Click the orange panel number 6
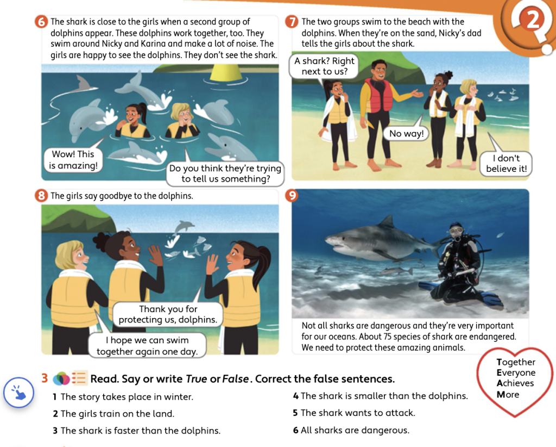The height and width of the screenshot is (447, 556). pos(41,22)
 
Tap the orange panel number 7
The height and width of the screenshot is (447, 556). pos(292,22)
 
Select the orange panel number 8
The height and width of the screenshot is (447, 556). pos(41,196)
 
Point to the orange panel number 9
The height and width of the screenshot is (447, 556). pos(292,196)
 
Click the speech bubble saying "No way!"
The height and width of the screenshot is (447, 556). pos(406,133)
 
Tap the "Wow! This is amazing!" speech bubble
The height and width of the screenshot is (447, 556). pos(73,160)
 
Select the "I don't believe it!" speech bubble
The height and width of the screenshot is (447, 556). pos(507,163)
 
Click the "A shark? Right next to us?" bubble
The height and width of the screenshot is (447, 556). pos(324,66)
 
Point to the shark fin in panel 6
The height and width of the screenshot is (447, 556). pos(83,84)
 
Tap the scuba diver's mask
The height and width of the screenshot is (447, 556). pos(456,231)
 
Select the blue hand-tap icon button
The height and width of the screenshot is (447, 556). pos(19,392)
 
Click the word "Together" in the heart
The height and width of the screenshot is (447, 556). pos(516,362)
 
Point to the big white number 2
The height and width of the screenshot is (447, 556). pos(533,20)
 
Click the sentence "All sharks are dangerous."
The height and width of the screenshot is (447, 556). pos(355,430)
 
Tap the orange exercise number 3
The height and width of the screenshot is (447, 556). pos(45,378)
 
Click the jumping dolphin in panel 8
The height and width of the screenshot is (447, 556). pos(184,226)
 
